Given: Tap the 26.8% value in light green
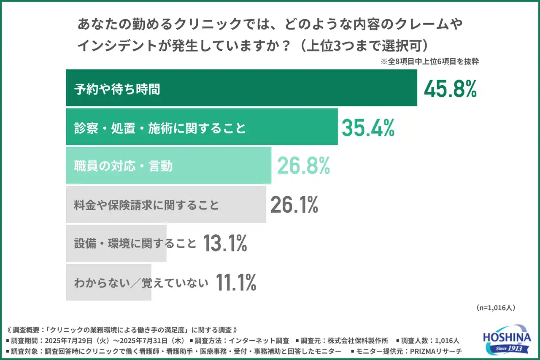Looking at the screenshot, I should tap(303, 166).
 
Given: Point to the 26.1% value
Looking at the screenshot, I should tap(294, 205).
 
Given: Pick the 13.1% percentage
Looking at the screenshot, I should tap(225, 244).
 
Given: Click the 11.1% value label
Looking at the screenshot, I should tap(236, 282).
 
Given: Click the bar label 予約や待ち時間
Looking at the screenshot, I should tap(117, 89).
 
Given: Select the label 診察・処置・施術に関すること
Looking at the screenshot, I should tap(160, 128).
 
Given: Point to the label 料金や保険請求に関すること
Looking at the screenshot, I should tap(146, 205).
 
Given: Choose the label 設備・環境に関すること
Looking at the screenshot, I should tap(135, 244).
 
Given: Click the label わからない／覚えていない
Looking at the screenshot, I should tap(141, 283).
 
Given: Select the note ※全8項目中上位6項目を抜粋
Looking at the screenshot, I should tap(429, 61).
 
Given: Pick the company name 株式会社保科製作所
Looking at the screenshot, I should tap(362, 340).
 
